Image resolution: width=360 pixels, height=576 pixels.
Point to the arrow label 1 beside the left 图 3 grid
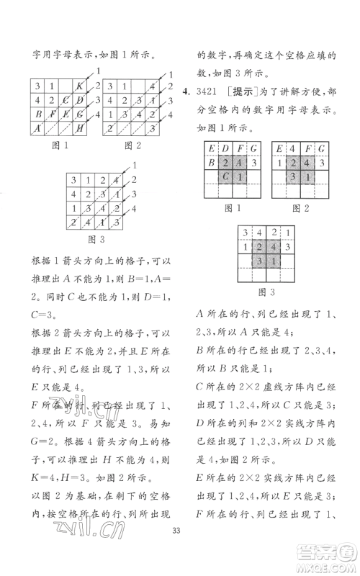[134, 166]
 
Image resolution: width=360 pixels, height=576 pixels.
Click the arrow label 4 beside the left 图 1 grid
[98, 114]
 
